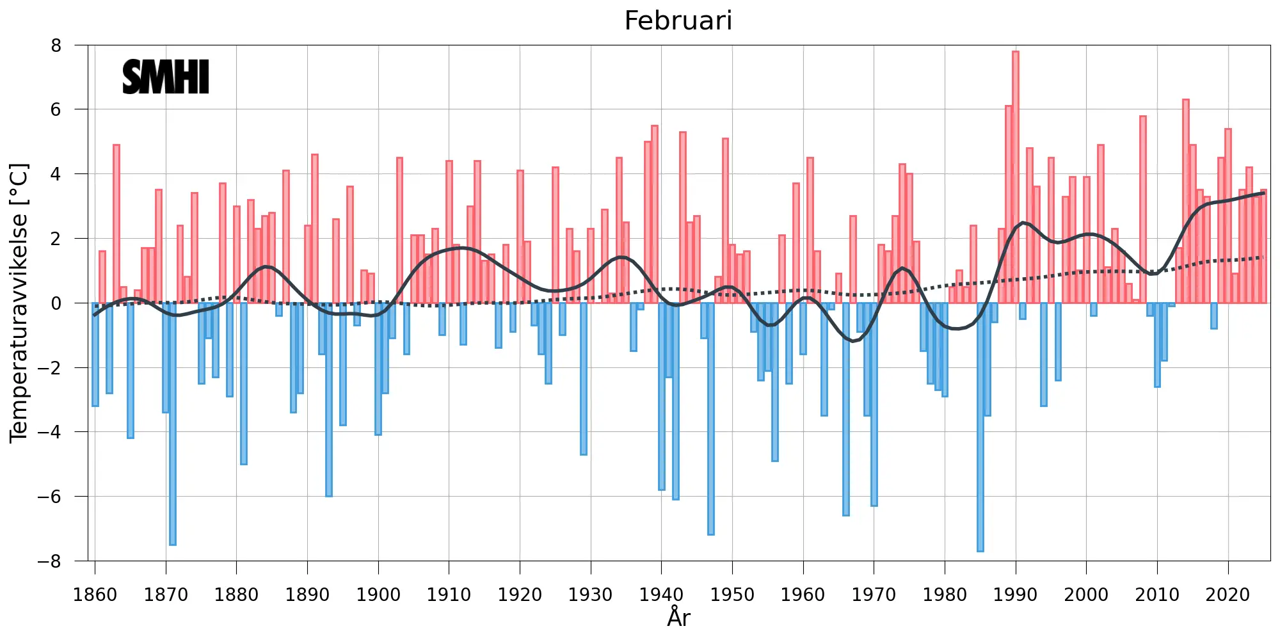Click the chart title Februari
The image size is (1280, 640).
tap(678, 21)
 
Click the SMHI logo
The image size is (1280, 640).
tap(166, 77)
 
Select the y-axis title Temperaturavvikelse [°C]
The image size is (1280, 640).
tap(19, 303)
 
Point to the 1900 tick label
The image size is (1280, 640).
tap(378, 595)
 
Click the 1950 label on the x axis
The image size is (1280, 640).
tap(732, 595)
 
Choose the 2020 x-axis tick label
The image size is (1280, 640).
tap(1228, 595)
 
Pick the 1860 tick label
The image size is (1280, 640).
tap(95, 595)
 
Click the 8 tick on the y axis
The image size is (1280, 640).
tap(56, 45)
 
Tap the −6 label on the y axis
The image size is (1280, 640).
tap(49, 497)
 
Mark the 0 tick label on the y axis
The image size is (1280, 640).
tap(56, 303)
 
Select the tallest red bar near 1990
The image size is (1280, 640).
tap(1016, 177)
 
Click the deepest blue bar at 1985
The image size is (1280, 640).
tap(980, 427)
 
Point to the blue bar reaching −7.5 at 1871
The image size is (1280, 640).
tap(173, 424)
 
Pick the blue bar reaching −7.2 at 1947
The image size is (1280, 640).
tap(711, 419)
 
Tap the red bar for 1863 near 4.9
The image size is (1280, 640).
tap(116, 224)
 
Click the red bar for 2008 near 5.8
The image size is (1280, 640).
tap(1143, 209)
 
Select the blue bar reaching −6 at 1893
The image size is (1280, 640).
tap(329, 399)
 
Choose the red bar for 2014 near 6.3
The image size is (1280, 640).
tap(1185, 201)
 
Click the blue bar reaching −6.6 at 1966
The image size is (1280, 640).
tap(845, 409)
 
